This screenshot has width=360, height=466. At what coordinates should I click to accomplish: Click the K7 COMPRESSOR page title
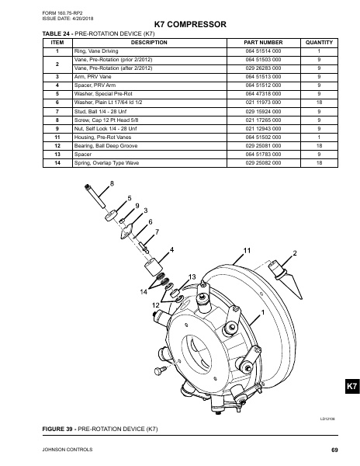[x=179, y=25]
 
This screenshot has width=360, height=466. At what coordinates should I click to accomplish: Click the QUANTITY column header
[x=320, y=43]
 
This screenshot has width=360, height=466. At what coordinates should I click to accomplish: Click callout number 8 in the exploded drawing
[x=111, y=183]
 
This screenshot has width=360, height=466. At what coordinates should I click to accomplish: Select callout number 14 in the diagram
[x=144, y=292]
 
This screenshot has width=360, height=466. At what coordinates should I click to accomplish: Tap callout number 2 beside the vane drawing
[x=295, y=253]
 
